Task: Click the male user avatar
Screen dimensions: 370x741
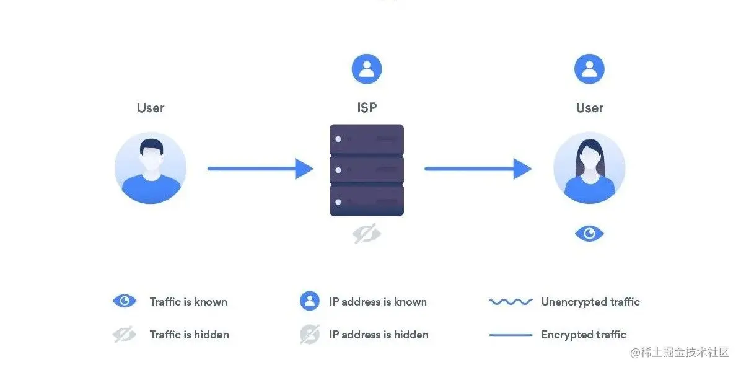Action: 151,168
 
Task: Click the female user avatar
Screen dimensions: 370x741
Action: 589,168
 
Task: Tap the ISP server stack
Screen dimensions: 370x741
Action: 366,170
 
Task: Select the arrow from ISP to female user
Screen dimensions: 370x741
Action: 478,168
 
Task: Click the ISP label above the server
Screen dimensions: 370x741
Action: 367,108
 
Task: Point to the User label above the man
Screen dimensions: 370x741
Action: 151,108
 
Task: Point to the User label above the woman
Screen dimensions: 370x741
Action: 589,108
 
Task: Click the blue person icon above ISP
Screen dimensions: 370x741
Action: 367,69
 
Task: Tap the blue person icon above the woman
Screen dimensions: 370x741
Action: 589,69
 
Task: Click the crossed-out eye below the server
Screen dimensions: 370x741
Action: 367,234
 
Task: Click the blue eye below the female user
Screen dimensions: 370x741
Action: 589,234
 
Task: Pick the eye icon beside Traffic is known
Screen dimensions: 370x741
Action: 125,302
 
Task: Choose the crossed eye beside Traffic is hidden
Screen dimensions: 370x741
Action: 125,335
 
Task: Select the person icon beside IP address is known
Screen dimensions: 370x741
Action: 310,302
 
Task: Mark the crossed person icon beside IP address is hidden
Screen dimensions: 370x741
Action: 310,335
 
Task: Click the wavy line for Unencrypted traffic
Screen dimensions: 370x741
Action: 511,302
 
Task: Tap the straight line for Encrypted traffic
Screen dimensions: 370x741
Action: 511,335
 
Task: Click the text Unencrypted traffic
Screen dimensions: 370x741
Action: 590,302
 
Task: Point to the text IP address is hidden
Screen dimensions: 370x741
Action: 379,335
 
